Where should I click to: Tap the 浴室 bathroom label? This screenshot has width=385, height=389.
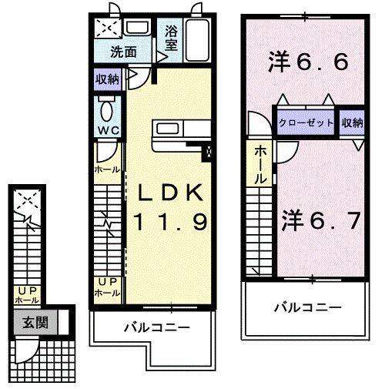coord(170,39)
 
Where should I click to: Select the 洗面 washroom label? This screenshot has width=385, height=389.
coord(122,53)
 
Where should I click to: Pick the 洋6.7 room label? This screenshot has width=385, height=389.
coord(320,222)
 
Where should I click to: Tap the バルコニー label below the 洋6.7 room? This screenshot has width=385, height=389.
coord(308,307)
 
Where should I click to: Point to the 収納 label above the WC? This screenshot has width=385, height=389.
coord(107,79)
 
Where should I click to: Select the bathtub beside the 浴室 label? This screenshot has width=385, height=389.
coord(198,39)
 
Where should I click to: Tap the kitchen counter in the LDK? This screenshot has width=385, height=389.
coord(177,136)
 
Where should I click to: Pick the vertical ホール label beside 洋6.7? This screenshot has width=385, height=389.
coord(261,164)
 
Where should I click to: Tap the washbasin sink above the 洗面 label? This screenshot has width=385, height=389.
coord(138,29)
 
